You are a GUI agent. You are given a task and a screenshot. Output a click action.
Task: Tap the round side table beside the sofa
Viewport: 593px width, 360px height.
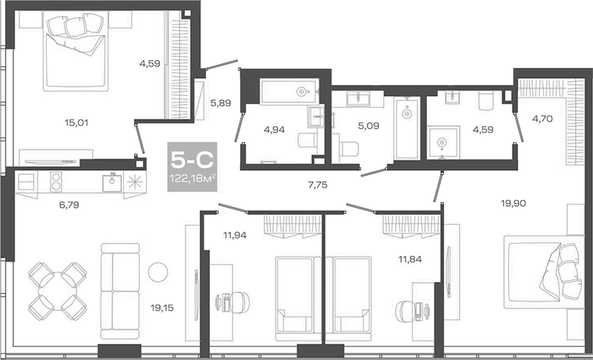[158, 272]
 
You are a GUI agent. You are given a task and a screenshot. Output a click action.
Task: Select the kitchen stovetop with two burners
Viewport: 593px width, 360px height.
[57, 182]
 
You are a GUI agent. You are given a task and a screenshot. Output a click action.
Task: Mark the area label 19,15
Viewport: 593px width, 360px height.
[162, 307]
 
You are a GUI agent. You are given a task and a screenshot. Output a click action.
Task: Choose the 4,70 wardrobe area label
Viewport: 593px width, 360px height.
[542, 119]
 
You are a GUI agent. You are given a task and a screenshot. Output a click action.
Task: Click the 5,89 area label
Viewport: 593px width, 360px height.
[222, 102]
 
